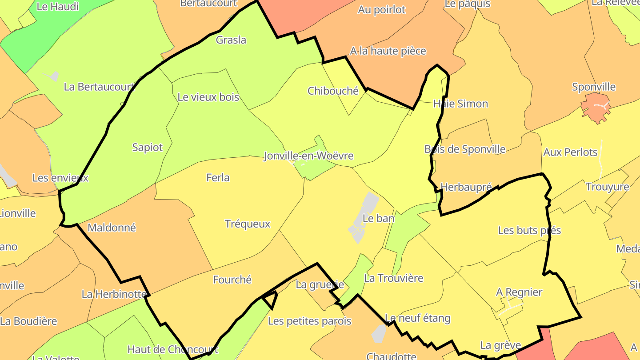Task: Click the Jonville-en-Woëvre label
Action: [308, 156]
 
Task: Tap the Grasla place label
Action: [231, 40]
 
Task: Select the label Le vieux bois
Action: [208, 97]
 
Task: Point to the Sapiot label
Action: [148, 148]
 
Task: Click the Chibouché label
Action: [333, 91]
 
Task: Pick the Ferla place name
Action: [218, 178]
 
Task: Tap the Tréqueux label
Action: [248, 224]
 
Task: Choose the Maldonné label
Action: [112, 228]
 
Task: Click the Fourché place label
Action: [232, 280]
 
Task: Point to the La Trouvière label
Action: [393, 279]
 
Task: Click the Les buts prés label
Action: [529, 231]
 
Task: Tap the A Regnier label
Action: [519, 292]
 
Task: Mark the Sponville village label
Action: [594, 87]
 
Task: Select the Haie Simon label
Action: [460, 104]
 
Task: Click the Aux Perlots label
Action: [570, 152]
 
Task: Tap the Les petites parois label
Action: [309, 321]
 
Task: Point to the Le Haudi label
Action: [58, 7]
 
